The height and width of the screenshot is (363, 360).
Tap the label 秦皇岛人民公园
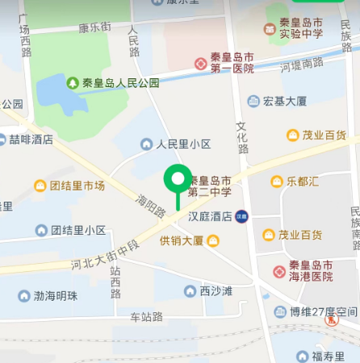[120, 82]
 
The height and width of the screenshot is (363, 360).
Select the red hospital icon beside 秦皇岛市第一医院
[199, 63]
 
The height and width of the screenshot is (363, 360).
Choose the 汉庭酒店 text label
[210, 216]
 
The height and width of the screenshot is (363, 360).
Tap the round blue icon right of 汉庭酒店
[241, 216]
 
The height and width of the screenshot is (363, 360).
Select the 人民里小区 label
[183, 144]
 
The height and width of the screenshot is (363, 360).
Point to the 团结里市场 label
[77, 186]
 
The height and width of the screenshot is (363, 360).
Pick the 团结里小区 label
[78, 230]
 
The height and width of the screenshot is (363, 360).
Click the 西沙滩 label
[216, 290]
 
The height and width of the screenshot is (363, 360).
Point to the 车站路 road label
[147, 317]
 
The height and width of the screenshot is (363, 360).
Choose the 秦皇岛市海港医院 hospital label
[312, 271]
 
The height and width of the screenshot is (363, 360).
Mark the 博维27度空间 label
[324, 312]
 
